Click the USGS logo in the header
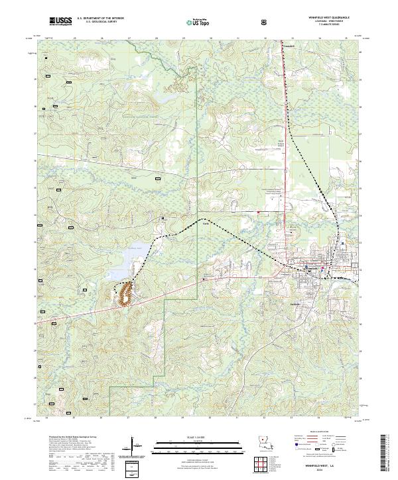click(x=60, y=22)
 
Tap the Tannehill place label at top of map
click(x=289, y=45)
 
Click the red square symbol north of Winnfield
click(x=258, y=212)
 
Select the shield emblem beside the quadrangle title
click(x=266, y=22)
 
